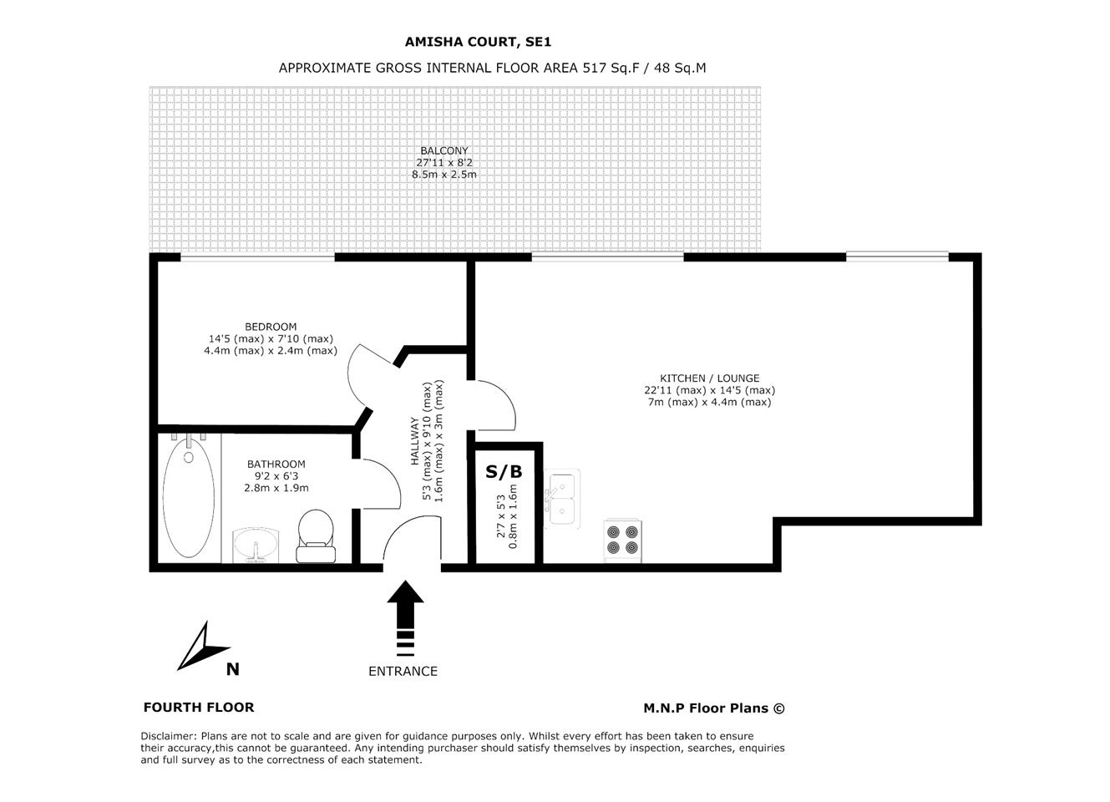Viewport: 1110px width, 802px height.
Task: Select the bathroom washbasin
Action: pos(256,546)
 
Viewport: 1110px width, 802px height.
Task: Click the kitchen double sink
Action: pos(562,499)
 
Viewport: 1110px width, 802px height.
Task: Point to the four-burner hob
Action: pos(622,541)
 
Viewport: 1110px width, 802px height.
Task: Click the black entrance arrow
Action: pos(405,618)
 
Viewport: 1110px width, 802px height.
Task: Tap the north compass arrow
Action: pos(203,646)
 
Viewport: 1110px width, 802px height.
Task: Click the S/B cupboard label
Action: pos(504,471)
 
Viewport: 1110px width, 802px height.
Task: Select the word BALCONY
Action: pos(444,150)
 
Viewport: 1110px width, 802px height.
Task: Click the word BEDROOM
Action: pos(271,327)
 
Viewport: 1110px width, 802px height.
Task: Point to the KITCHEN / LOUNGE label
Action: pos(710,378)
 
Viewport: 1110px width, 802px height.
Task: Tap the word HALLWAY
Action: pos(414,440)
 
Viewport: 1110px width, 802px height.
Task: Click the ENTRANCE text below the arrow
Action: pos(403,671)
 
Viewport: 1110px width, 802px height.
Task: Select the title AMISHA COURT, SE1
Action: pos(478,42)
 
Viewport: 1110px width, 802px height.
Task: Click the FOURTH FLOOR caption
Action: pos(199,708)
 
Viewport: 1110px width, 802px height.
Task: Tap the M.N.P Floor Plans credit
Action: pos(714,708)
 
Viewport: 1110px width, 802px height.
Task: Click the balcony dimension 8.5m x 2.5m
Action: pos(444,175)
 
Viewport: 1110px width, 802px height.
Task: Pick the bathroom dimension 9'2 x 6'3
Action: pos(276,476)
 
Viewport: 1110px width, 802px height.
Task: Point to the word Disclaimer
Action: pos(169,736)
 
